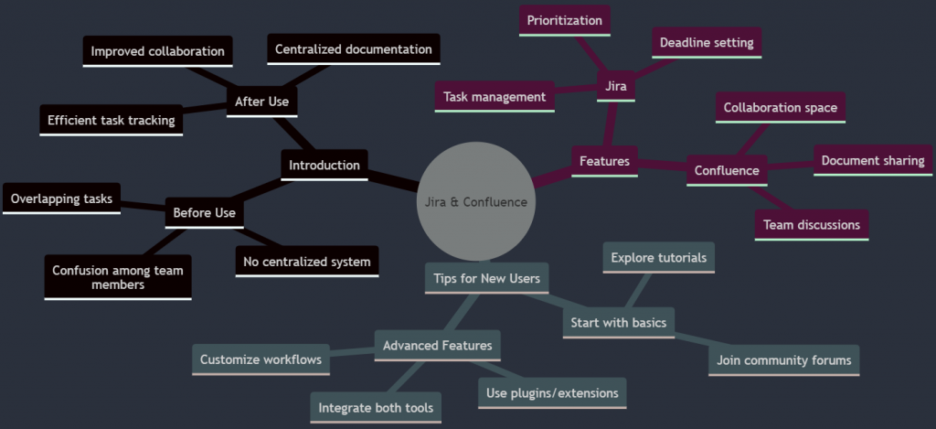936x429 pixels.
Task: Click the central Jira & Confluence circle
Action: (475, 201)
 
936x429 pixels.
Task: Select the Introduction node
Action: (324, 166)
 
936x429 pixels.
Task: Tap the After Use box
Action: (261, 102)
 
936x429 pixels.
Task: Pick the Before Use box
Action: (204, 213)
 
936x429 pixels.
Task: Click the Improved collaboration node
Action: (158, 51)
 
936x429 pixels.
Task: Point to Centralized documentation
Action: (353, 48)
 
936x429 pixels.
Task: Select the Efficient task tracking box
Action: (112, 120)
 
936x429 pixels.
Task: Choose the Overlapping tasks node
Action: (61, 198)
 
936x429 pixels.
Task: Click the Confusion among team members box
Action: (118, 277)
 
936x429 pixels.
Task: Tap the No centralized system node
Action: (307, 262)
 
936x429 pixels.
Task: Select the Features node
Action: (604, 161)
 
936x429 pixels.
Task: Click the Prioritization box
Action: (565, 20)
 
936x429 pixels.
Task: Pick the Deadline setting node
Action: (707, 42)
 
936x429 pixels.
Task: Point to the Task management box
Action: (495, 96)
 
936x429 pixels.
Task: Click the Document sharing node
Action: (873, 160)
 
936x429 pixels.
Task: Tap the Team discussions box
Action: (811, 224)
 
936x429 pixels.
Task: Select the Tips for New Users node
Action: (487, 278)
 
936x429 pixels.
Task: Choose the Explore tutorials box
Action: (659, 258)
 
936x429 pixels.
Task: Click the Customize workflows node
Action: (261, 359)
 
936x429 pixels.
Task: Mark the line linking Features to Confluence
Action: (662, 166)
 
